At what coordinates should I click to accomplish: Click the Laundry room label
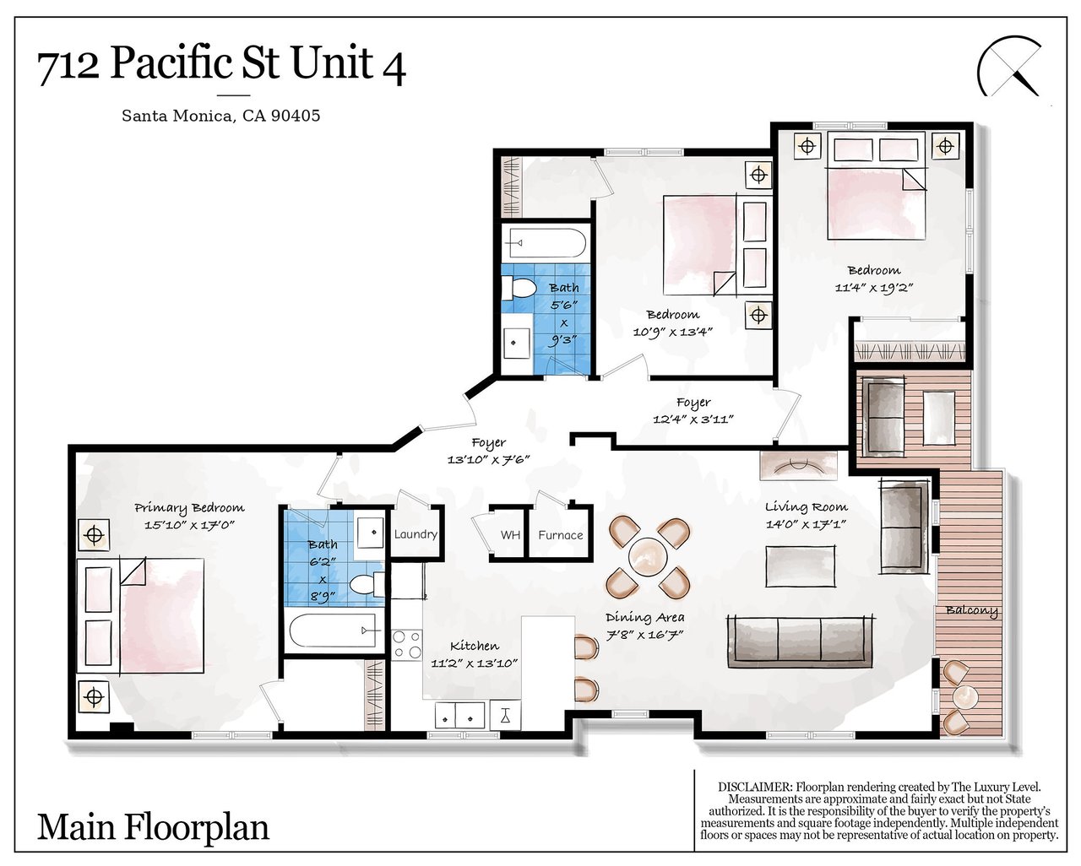click(416, 534)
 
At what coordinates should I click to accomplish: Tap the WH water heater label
click(510, 535)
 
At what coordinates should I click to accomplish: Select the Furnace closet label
click(560, 535)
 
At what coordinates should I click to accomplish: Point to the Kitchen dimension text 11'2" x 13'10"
click(474, 663)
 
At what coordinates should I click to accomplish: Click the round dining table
click(648, 557)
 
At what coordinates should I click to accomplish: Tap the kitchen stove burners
click(407, 645)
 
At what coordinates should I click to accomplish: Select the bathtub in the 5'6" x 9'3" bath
click(545, 243)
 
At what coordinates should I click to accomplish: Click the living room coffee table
click(801, 566)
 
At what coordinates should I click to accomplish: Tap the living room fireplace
click(798, 466)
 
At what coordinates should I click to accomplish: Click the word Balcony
click(971, 611)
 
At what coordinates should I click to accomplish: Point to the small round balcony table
click(965, 697)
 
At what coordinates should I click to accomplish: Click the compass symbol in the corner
click(1008, 65)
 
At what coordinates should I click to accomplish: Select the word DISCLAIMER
click(755, 787)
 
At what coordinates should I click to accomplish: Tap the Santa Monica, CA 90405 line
click(220, 116)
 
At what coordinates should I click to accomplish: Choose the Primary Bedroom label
click(189, 507)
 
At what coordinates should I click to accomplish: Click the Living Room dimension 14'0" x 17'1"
click(807, 524)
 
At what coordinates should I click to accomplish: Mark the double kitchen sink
click(459, 715)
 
